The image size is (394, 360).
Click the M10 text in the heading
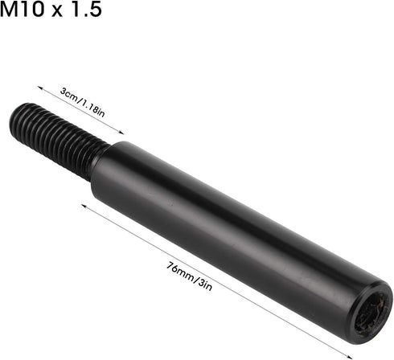(22, 10)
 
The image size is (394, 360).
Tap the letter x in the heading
(57, 12)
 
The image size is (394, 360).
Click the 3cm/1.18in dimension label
(82, 102)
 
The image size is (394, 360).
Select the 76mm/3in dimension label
(190, 276)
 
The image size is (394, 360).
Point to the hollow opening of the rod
(371, 312)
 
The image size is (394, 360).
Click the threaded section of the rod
(58, 139)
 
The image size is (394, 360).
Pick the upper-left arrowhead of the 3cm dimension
(39, 88)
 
